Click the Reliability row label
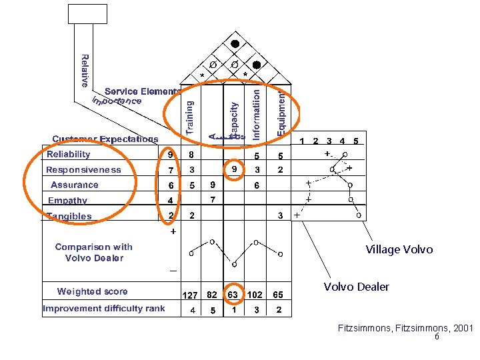pos(68,155)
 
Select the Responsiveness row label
pos(83,170)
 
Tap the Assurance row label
pos(75,185)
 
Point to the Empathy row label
pos(67,201)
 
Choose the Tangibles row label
pos(69,216)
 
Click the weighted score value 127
pos(191,294)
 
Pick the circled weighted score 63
pos(233,293)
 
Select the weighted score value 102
pos(257,294)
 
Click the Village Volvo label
pos(399,249)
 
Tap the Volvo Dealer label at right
pos(356,287)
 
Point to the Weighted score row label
pos(92,291)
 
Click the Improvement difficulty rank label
pos(103,309)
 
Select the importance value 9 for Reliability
pos(171,155)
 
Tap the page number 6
pos(436,337)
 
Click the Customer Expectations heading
pos(105,139)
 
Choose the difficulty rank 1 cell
pos(233,309)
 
